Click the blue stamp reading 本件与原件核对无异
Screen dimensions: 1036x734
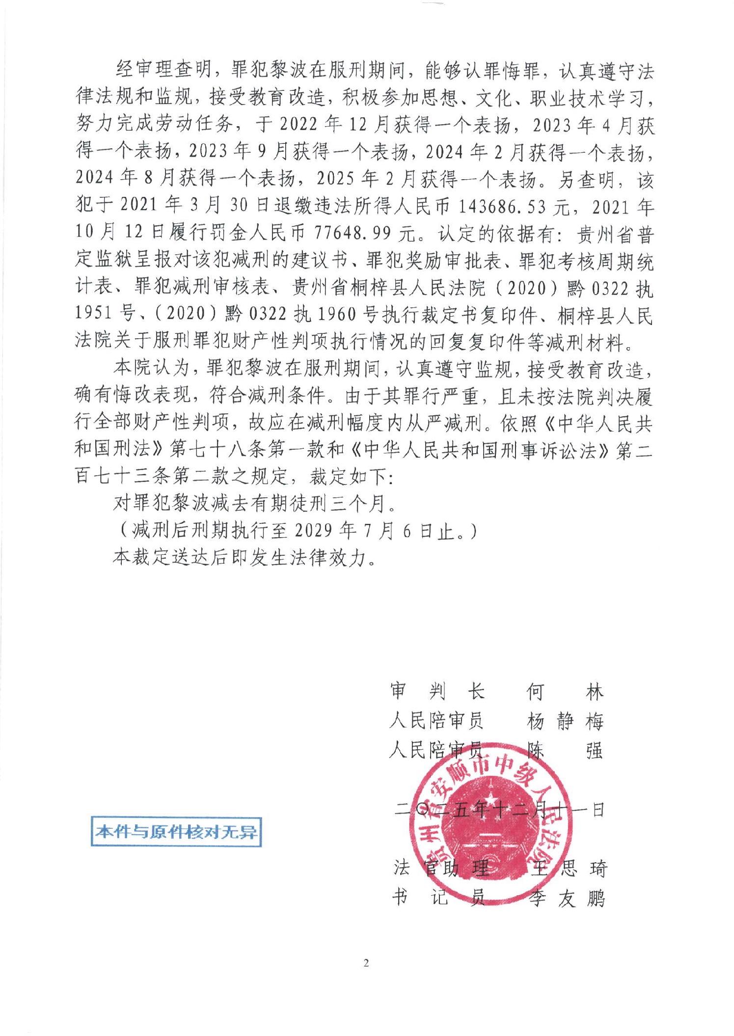176,831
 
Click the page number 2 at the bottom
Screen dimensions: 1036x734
366,963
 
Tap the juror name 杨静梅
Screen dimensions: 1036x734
565,721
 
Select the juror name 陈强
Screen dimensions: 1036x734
565,750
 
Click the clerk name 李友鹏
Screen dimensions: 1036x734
568,898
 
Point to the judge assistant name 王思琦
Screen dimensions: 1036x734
569,869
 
